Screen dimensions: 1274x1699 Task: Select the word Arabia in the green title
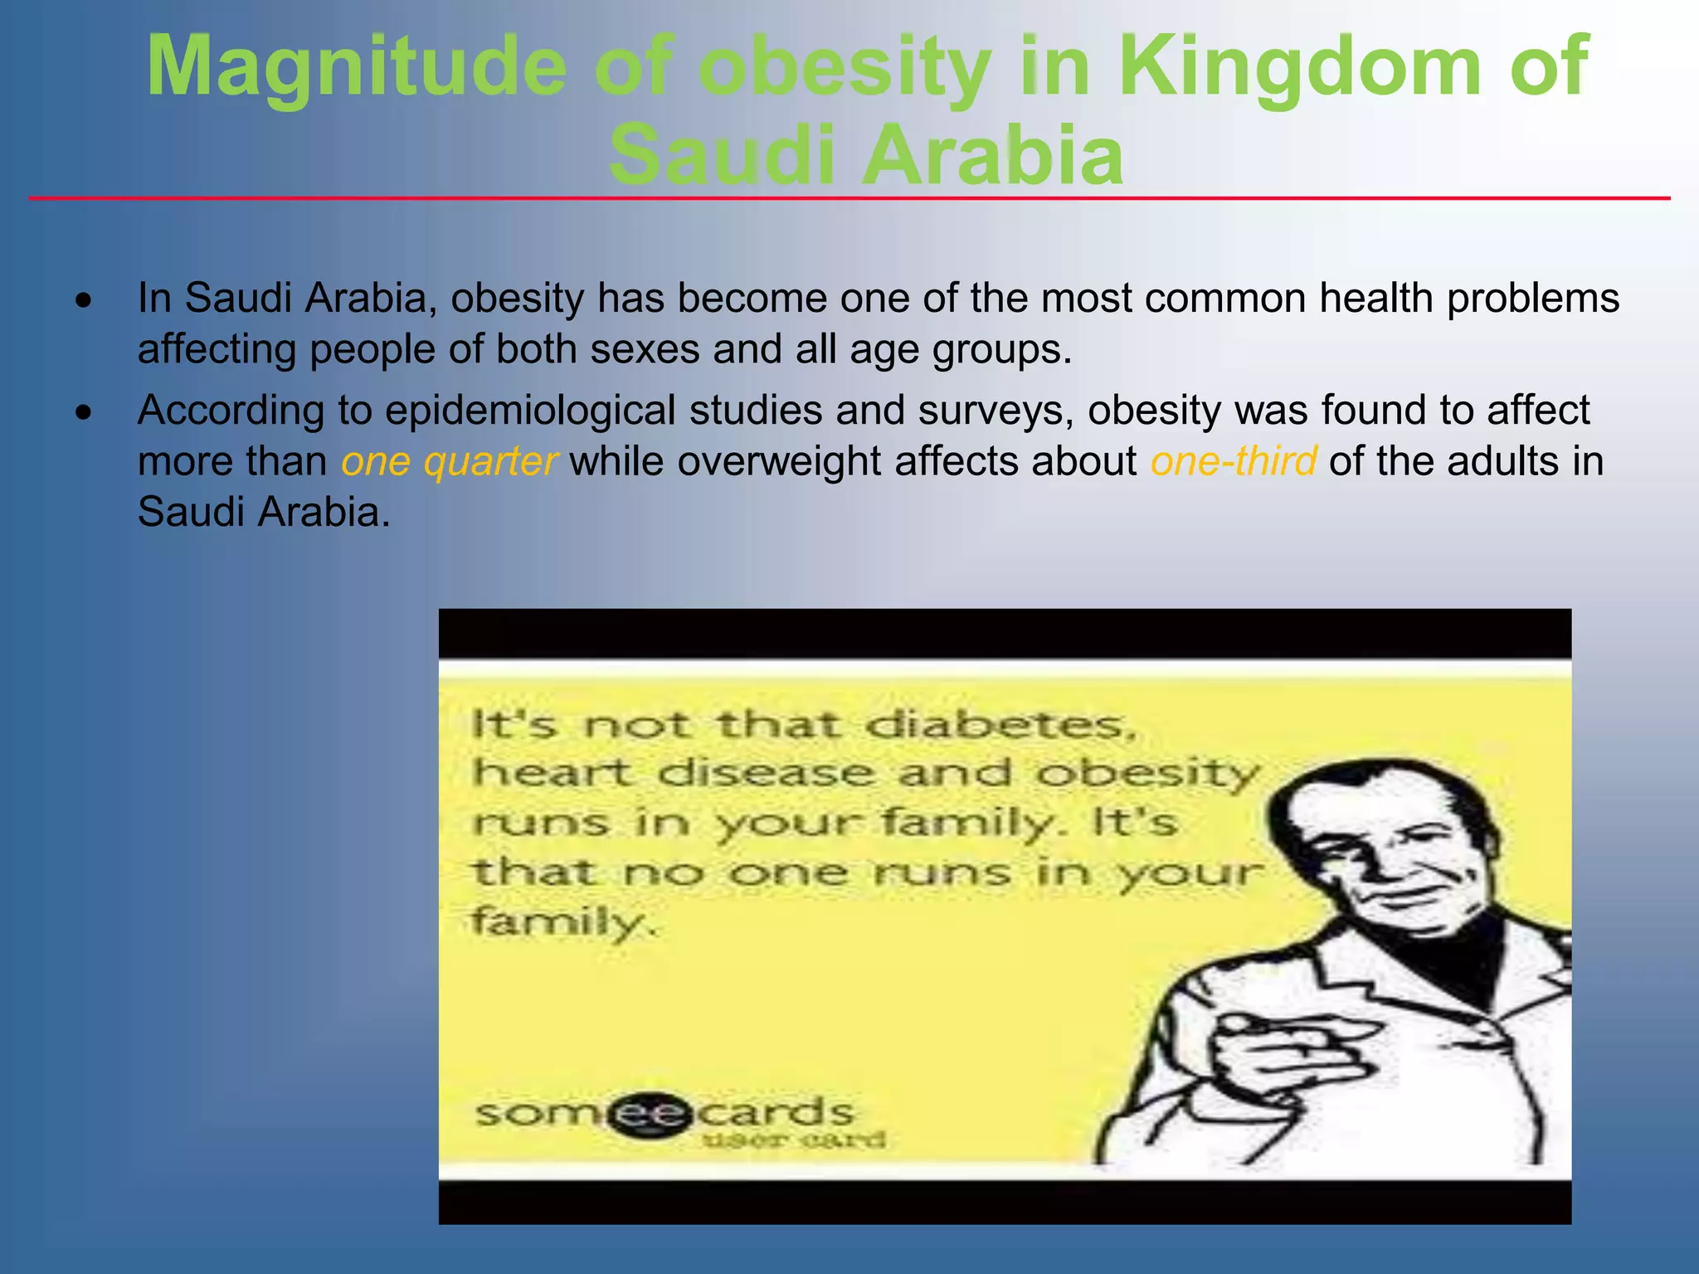pyautogui.click(x=993, y=155)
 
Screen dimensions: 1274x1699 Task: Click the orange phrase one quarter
pyautogui.click(x=449, y=461)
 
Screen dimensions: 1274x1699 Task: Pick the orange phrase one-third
pyautogui.click(x=1233, y=461)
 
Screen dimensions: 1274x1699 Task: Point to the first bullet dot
pyautogui.click(x=83, y=301)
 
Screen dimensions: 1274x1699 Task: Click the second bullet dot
pyautogui.click(x=83, y=412)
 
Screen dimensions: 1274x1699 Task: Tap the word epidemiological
pyautogui.click(x=530, y=411)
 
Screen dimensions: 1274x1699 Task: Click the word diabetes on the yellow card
pyautogui.click(x=1000, y=727)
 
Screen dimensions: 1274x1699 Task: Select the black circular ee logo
pyautogui.click(x=651, y=1113)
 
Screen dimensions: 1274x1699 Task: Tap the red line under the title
pyautogui.click(x=849, y=199)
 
